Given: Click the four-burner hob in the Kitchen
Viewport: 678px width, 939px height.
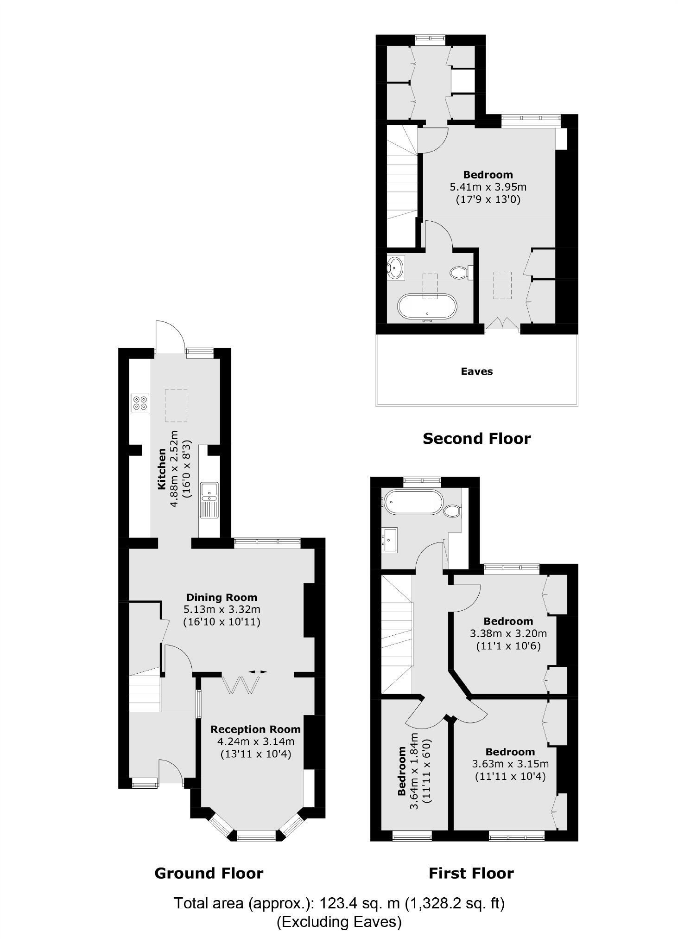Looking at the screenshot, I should tap(140, 402).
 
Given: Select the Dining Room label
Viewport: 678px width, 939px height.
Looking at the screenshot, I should tap(222, 597).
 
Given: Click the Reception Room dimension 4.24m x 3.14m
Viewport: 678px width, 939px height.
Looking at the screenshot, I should tap(255, 741).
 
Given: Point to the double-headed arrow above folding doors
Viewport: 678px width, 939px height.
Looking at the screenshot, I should tap(258, 671).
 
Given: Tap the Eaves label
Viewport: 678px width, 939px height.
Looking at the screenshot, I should tap(476, 371).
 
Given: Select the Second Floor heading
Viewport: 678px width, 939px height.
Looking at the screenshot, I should tap(476, 438).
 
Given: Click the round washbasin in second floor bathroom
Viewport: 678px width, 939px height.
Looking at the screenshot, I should tap(396, 268).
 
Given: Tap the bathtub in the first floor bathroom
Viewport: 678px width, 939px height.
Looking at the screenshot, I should tap(413, 502).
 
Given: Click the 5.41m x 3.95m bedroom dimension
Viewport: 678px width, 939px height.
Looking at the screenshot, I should tap(488, 187).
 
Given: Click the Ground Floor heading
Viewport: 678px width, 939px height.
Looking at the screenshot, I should tap(209, 873).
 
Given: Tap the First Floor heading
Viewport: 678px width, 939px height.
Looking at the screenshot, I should tap(471, 873).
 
